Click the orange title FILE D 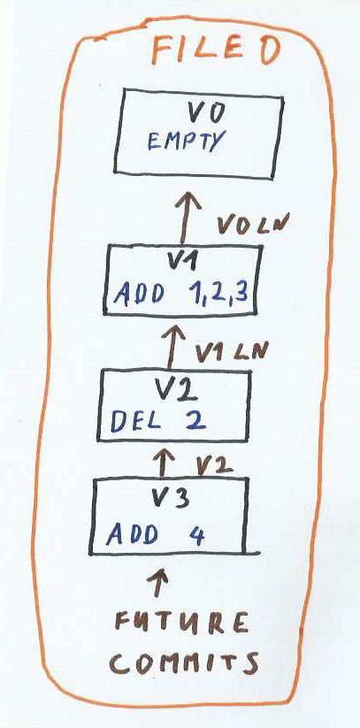coord(216,50)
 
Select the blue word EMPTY coord(187,140)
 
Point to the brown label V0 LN coord(252,225)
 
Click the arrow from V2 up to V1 coord(173,347)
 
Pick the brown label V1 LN coord(230,351)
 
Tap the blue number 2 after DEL coord(195,420)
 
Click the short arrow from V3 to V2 coord(163,462)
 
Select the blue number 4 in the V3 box coord(197,534)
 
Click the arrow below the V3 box coord(158,582)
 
